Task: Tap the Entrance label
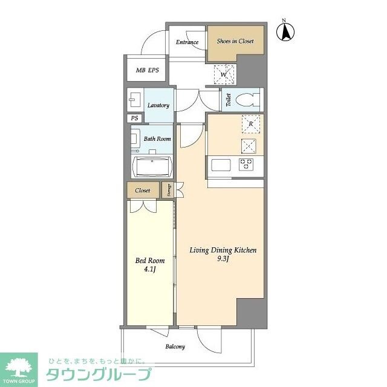[187, 42]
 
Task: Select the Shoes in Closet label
[235, 42]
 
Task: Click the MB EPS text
[147, 71]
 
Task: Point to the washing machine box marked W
[224, 74]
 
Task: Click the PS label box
[134, 119]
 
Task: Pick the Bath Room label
[157, 139]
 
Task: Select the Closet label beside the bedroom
[143, 190]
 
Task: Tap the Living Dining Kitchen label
[223, 254]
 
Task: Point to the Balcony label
[175, 346]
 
